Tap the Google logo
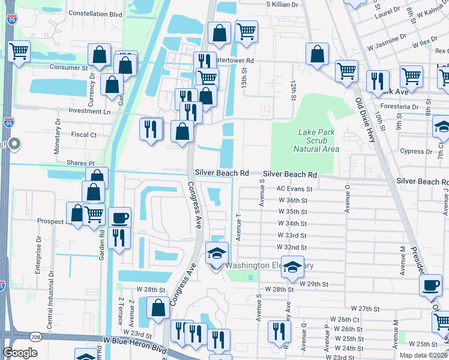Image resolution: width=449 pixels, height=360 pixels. pos(20,353)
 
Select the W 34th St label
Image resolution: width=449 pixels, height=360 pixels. pos(292,223)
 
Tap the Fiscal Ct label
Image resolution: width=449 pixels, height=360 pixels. pos(84,135)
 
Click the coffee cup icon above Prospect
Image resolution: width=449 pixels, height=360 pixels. pos(121,217)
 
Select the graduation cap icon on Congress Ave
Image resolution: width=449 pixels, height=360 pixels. pos(217,253)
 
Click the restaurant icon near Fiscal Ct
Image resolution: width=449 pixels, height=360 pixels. pos(151,129)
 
